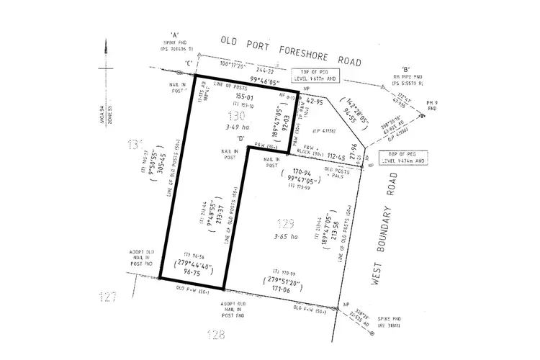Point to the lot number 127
click(x=109, y=295)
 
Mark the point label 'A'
click(x=174, y=35)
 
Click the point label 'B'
click(x=405, y=69)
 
